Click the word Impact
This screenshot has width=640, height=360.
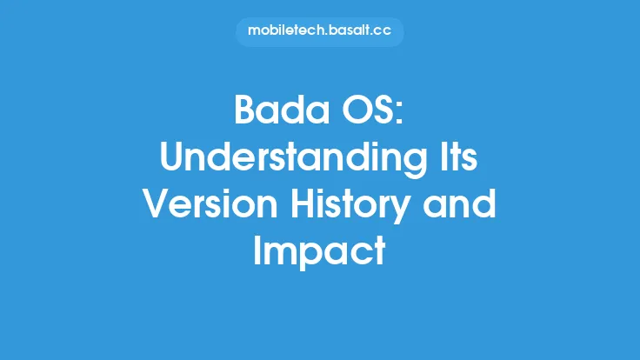319,252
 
